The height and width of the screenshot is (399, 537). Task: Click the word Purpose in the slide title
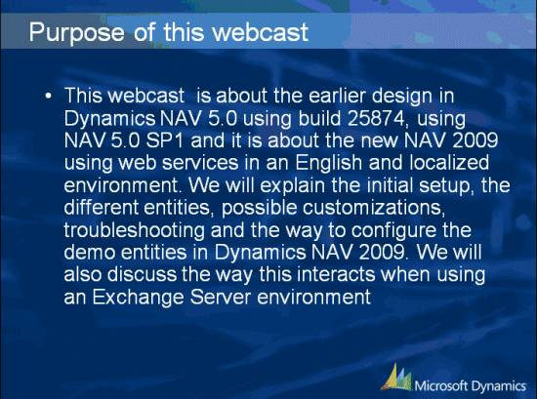76,33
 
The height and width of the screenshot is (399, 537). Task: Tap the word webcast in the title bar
261,32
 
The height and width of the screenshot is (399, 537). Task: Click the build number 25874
376,118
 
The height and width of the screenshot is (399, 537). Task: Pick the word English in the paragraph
328,163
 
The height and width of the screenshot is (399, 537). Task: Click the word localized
449,163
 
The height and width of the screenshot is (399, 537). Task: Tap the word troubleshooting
135,230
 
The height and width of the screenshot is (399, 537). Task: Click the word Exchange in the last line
139,297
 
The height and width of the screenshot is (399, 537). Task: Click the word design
402,97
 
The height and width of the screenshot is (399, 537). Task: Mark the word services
200,163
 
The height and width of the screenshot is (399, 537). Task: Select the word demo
90,253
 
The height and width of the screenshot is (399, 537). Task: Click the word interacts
336,275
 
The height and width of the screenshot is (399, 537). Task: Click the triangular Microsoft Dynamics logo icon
396,378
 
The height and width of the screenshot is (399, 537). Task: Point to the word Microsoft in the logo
441,386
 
